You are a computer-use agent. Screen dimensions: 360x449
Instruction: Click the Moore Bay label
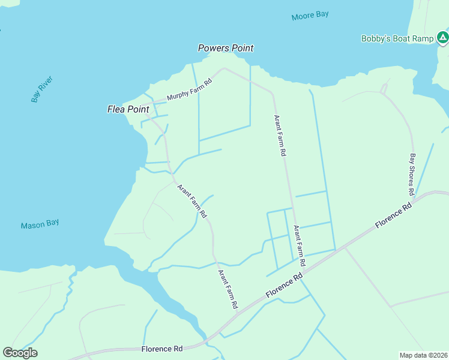click(x=310, y=16)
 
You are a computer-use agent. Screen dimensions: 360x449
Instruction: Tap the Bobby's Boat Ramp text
click(x=397, y=38)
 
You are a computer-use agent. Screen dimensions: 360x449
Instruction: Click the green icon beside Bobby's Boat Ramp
click(x=442, y=38)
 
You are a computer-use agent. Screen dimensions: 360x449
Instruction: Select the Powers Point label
click(x=226, y=48)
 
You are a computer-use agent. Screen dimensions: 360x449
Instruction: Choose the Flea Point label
click(x=128, y=109)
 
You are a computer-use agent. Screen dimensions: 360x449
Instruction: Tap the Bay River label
click(x=42, y=89)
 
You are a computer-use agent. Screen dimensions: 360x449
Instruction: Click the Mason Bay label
click(x=40, y=224)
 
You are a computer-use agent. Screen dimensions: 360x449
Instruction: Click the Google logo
click(x=20, y=353)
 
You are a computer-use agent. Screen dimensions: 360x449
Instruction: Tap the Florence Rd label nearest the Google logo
click(x=162, y=349)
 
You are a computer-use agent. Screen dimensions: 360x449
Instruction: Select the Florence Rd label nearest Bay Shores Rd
click(x=394, y=214)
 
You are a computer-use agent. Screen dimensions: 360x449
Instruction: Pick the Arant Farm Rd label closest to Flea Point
click(x=192, y=200)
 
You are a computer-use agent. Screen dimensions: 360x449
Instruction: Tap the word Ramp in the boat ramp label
click(x=422, y=38)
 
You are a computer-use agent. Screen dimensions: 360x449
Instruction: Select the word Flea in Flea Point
click(x=116, y=109)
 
